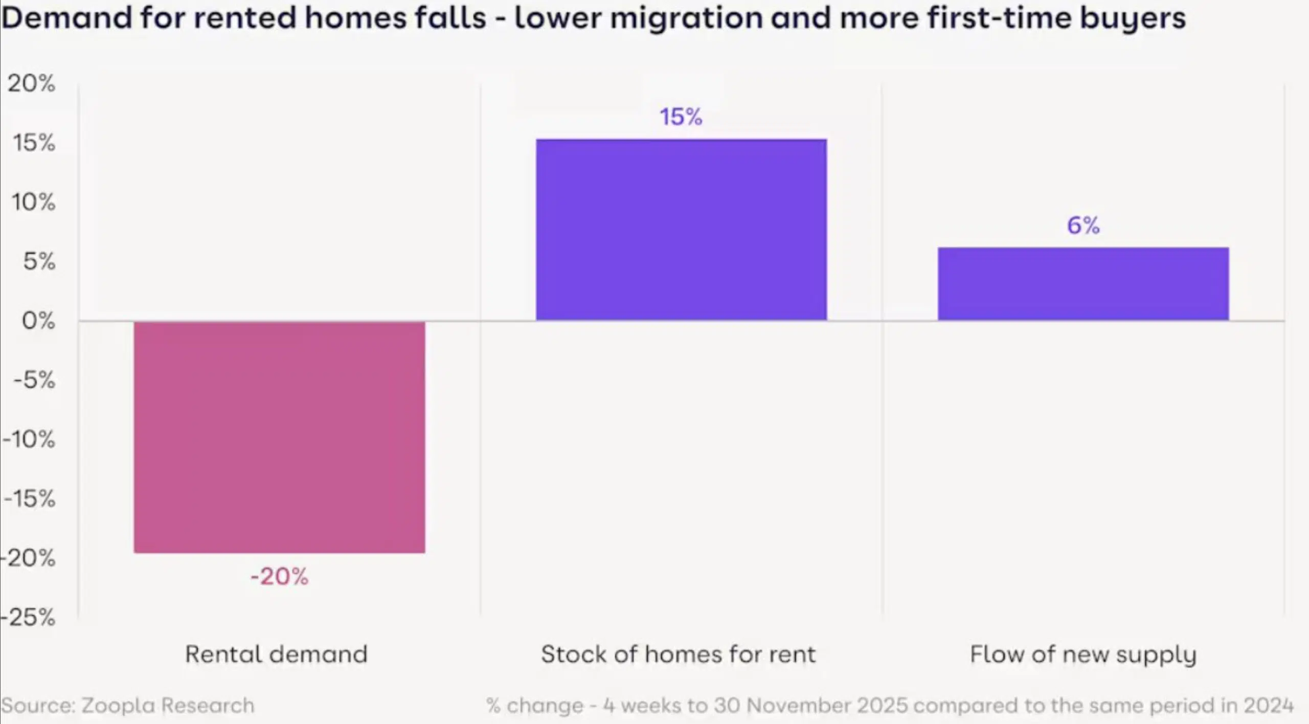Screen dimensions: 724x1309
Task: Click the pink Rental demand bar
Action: tap(279, 437)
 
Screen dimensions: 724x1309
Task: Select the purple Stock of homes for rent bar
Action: tap(681, 230)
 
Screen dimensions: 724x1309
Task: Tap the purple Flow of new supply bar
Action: tap(1083, 284)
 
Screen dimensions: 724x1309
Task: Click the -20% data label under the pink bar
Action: tap(279, 577)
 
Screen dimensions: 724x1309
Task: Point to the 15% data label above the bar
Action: tap(681, 117)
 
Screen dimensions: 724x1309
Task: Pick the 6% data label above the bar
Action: tap(1083, 225)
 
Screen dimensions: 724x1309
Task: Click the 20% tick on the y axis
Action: tap(31, 83)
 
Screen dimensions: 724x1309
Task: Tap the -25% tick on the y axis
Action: tap(28, 618)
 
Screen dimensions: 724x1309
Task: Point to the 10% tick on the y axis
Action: tap(33, 202)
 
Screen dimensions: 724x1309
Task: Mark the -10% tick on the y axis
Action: tap(29, 439)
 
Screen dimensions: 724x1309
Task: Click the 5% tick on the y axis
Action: tap(39, 262)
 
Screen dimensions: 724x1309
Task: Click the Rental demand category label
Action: tap(276, 654)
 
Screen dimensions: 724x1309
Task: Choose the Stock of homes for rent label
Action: tap(679, 654)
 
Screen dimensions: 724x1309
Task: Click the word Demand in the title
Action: tap(66, 18)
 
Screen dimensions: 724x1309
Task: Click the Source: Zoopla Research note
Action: tap(128, 706)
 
